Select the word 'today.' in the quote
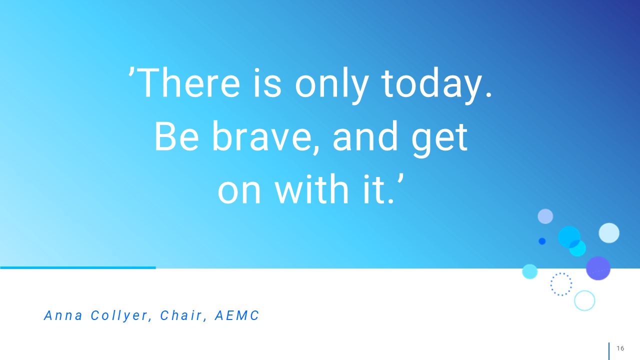(437, 84)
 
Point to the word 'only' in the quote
(331, 85)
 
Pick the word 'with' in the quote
(311, 189)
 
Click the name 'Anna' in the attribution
(63, 315)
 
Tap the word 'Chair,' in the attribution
(183, 315)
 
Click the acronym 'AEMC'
(237, 315)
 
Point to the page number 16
(620, 348)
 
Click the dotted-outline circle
(551, 284)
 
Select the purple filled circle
(598, 268)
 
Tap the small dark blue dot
(542, 241)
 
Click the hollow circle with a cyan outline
(574, 300)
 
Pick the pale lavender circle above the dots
(545, 216)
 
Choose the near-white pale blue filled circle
(609, 233)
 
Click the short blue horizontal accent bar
(78, 267)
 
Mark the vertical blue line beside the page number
(609, 351)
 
